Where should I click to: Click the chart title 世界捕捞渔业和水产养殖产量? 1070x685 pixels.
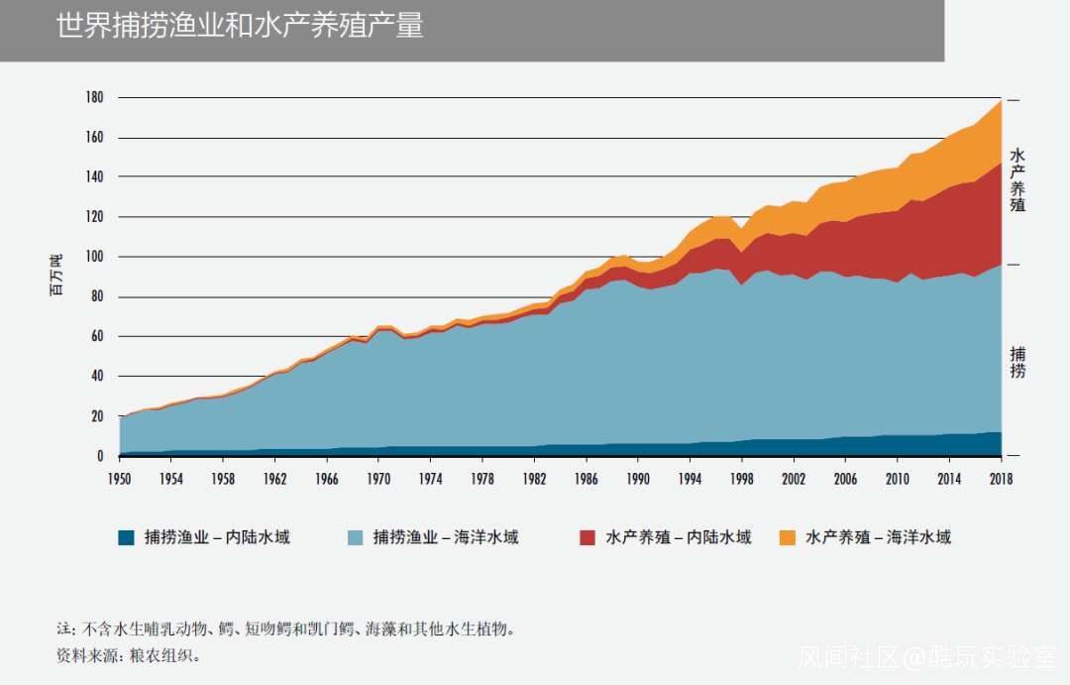[240, 26]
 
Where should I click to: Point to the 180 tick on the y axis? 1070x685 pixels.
[94, 97]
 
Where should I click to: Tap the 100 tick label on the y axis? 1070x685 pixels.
[94, 257]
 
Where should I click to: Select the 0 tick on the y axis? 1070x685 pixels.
[100, 456]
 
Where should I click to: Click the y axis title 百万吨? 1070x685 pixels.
[56, 276]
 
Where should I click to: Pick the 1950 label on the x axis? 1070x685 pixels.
[120, 478]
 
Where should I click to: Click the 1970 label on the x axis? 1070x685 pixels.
[378, 478]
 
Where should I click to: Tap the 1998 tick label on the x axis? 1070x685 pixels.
[741, 478]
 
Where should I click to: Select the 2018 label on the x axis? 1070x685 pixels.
[1000, 478]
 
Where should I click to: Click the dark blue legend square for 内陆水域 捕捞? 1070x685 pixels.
[126, 538]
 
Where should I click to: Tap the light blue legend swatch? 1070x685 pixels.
[354, 538]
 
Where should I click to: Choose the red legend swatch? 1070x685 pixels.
[588, 538]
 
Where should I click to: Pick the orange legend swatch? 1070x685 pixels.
[787, 538]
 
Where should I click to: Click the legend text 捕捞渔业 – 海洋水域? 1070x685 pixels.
[445, 538]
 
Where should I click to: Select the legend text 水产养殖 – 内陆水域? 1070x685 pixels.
[679, 538]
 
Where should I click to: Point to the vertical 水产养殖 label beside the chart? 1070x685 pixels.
[1017, 180]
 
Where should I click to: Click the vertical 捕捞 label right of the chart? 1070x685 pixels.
[1017, 362]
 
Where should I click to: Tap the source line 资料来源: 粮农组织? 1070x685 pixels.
[129, 656]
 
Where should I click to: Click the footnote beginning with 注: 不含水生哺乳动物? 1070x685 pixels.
[286, 629]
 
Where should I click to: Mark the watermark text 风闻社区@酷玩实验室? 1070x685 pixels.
[927, 657]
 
